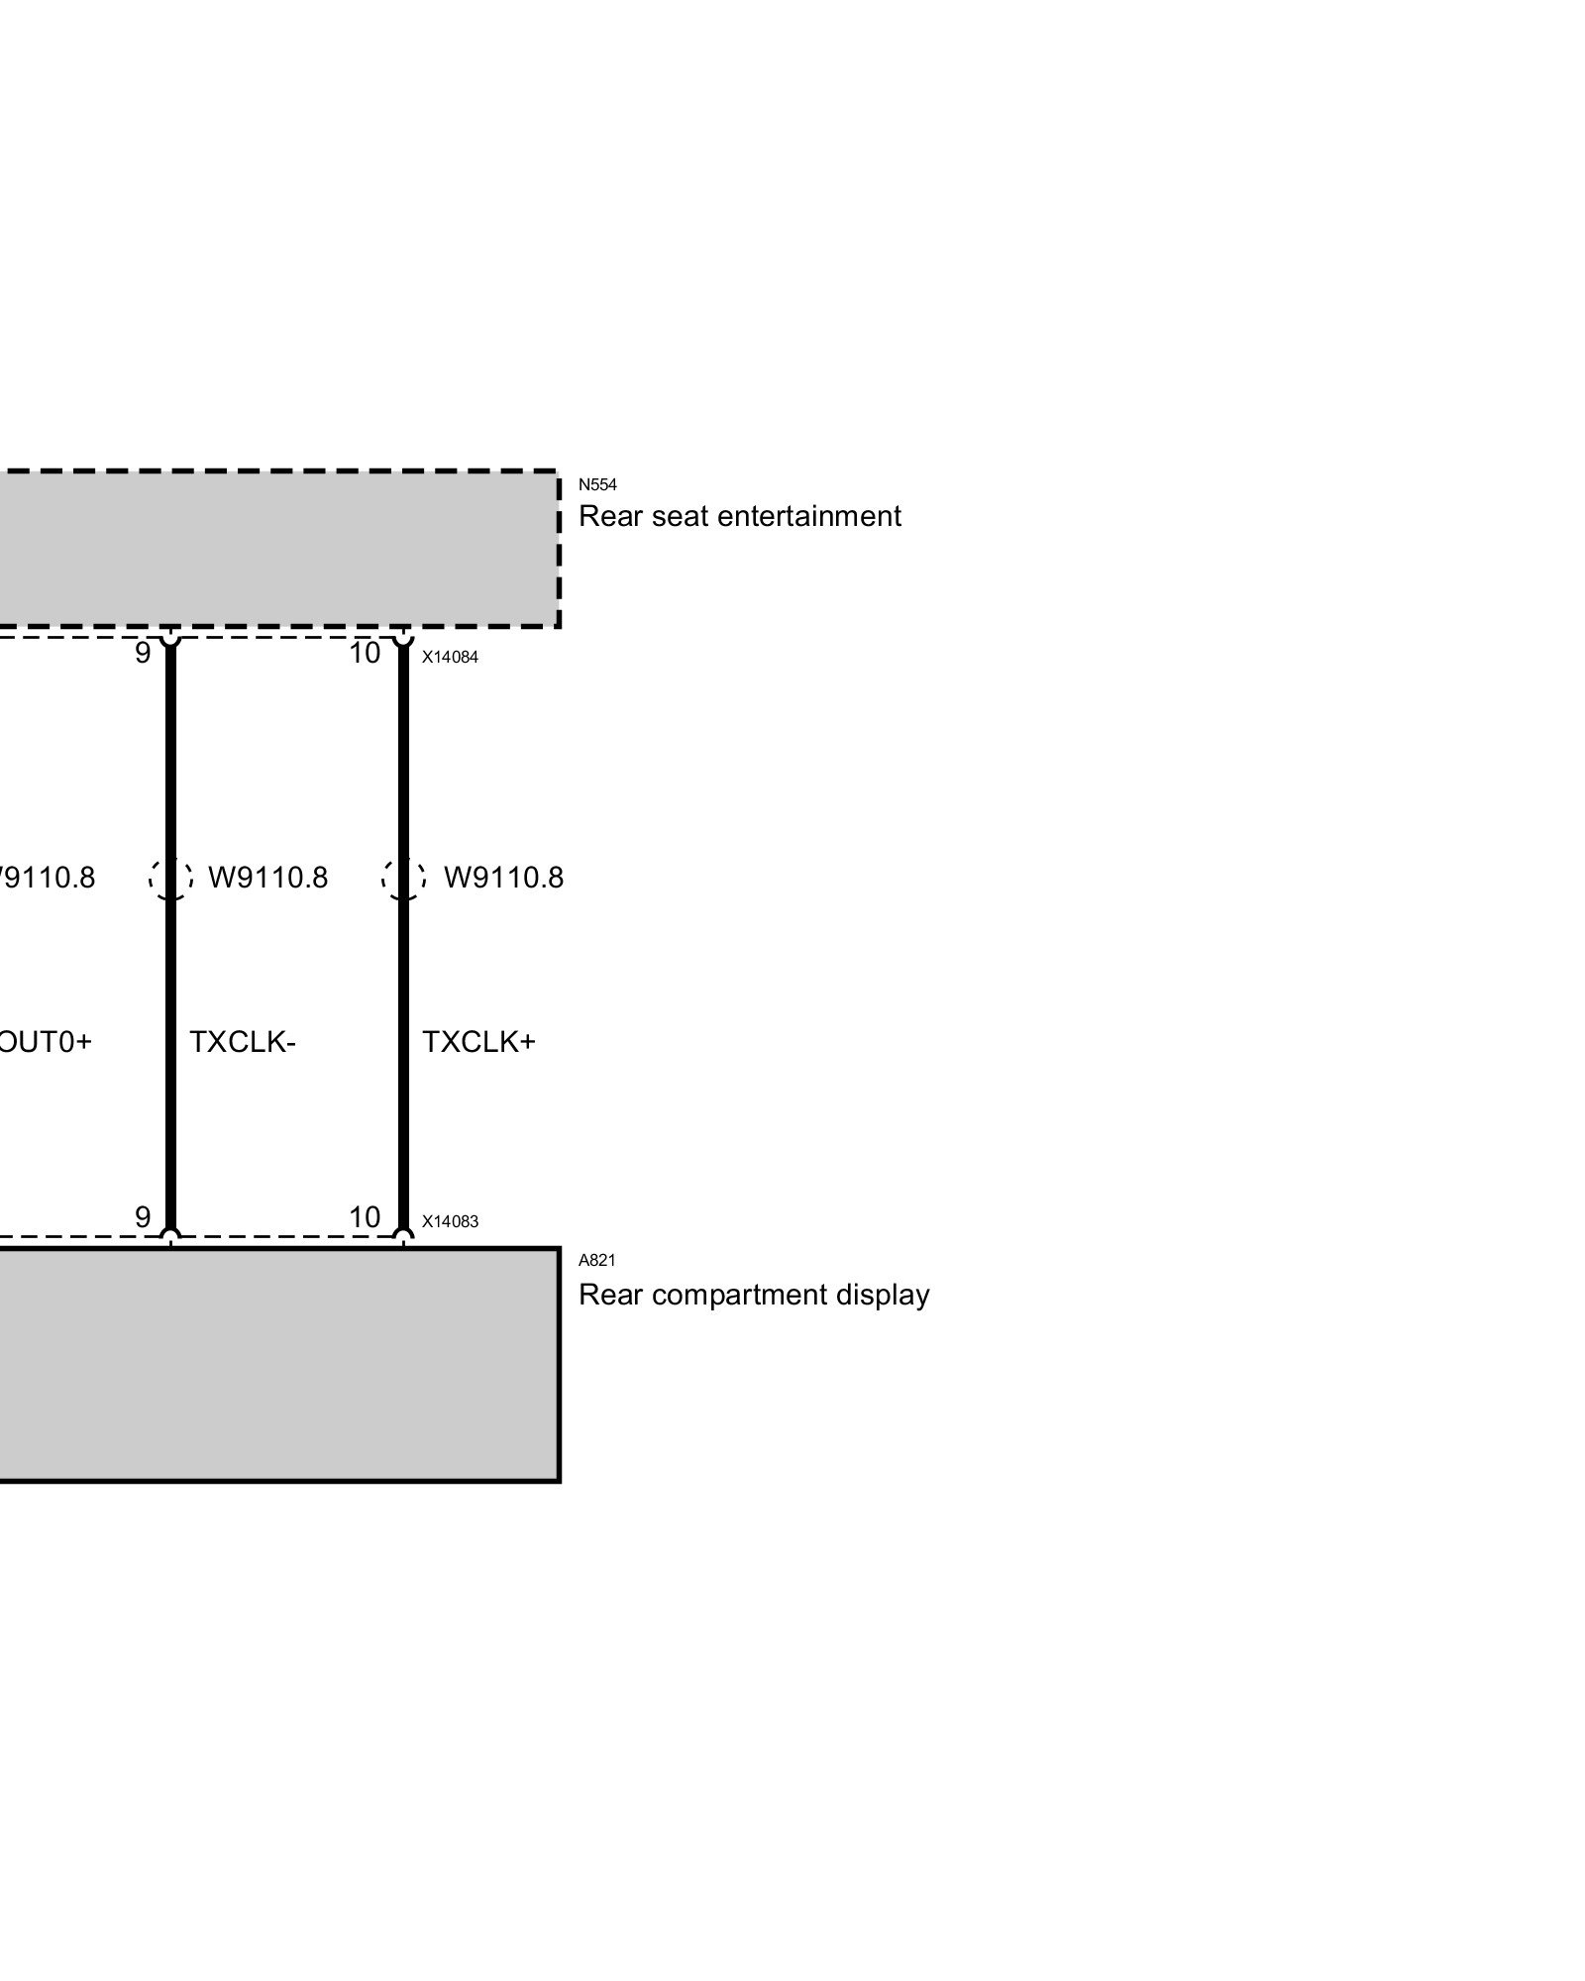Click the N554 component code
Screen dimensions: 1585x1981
pyautogui.click(x=597, y=484)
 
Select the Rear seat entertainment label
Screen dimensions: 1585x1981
pyautogui.click(x=739, y=517)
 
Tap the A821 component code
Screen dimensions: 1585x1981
pyautogui.click(x=596, y=1260)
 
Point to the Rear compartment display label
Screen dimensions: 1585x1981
pyautogui.click(x=754, y=1296)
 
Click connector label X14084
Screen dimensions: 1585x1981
pyautogui.click(x=450, y=657)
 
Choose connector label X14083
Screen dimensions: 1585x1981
pyautogui.click(x=450, y=1221)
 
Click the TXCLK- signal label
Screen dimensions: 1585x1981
pyautogui.click(x=243, y=1042)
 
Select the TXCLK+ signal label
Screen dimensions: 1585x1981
pyautogui.click(x=478, y=1042)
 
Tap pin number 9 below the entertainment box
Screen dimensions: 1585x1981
pyautogui.click(x=143, y=654)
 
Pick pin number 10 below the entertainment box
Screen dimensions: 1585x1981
pyautogui.click(x=365, y=654)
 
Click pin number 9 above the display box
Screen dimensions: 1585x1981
pyautogui.click(x=143, y=1217)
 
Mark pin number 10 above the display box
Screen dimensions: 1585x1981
pyautogui.click(x=365, y=1217)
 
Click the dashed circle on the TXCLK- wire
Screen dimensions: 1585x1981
pyautogui.click(x=170, y=879)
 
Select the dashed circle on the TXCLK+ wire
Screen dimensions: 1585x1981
pyautogui.click(x=403, y=879)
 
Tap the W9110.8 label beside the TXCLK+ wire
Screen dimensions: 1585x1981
pyautogui.click(x=503, y=879)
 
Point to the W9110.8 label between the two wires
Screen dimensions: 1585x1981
pyautogui.click(x=267, y=879)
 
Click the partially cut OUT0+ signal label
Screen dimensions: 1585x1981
pyautogui.click(x=45, y=1042)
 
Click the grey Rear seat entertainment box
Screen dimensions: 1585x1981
pyautogui.click(x=277, y=549)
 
